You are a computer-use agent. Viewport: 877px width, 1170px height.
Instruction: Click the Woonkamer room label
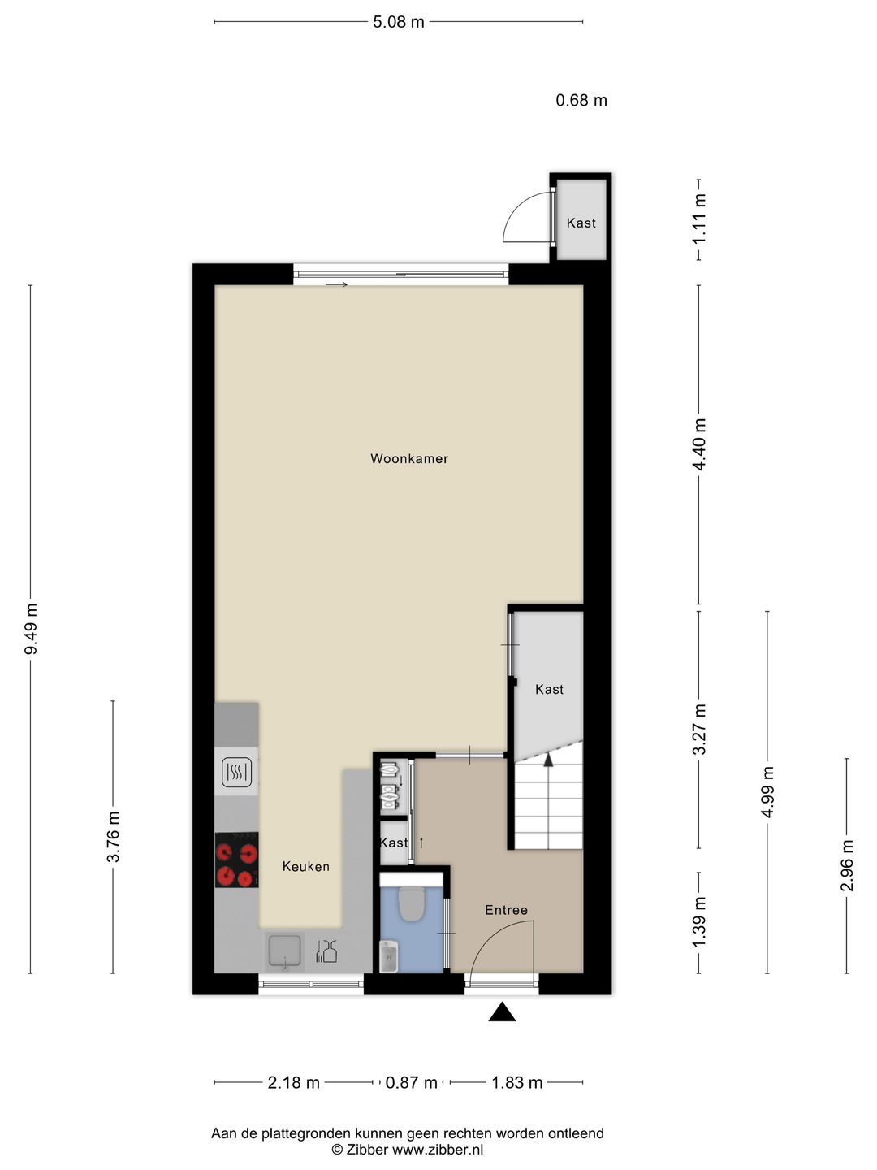[x=409, y=458]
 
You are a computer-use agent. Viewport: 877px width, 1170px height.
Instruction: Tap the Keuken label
[x=305, y=866]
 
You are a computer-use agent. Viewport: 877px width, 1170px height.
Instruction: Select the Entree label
[x=506, y=910]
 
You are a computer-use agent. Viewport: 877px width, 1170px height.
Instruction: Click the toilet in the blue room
[x=412, y=903]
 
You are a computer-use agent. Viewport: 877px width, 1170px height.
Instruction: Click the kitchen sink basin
[x=285, y=950]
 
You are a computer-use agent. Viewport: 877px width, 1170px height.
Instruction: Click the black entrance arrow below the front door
[x=503, y=1012]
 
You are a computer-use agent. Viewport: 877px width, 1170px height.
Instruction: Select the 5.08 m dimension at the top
[x=398, y=22]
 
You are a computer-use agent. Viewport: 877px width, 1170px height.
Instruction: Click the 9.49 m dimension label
[x=31, y=629]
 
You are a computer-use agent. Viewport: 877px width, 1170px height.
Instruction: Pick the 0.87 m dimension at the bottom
[x=411, y=1082]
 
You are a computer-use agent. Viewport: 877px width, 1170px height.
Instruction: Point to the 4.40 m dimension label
[x=699, y=444]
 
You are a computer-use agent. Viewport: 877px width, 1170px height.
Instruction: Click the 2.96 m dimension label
[x=847, y=864]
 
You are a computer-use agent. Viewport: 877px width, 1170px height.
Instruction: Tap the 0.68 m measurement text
[x=581, y=100]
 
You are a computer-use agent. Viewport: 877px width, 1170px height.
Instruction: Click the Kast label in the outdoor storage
[x=581, y=223]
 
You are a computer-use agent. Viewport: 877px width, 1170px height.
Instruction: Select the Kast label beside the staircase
[x=549, y=689]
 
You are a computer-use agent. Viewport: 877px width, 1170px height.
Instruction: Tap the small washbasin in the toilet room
[x=389, y=957]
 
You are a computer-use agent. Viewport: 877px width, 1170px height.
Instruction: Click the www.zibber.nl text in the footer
[x=438, y=1150]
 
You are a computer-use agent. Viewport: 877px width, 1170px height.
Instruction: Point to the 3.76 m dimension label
[x=113, y=837]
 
